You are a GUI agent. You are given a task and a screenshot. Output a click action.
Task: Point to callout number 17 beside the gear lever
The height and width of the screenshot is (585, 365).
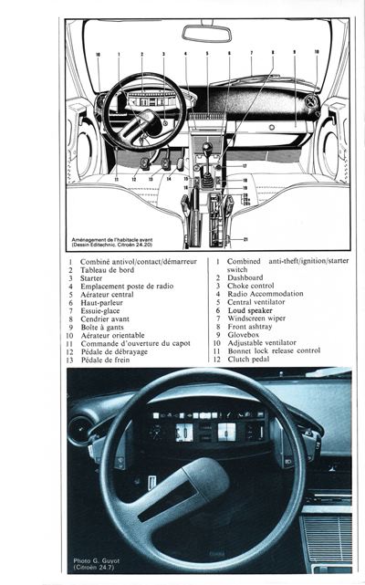(x=244, y=165)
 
